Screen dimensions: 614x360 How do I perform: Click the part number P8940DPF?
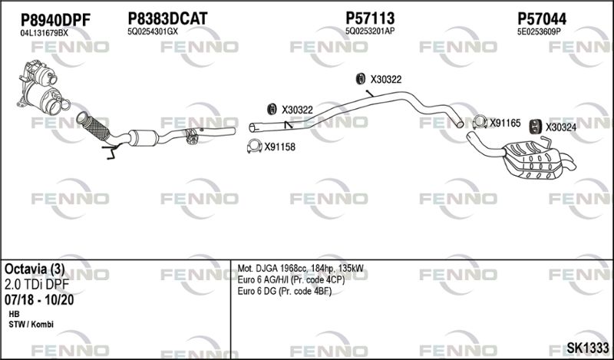[x=55, y=20]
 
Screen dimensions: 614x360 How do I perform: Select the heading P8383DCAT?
[x=167, y=18]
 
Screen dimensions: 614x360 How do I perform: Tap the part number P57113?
[x=370, y=18]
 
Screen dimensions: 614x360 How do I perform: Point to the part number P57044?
[x=542, y=18]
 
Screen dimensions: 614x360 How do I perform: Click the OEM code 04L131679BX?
[x=45, y=33]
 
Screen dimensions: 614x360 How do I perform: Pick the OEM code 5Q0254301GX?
[x=153, y=31]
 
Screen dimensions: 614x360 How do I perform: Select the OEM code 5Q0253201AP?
[x=370, y=31]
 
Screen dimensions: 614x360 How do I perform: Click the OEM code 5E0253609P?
[x=539, y=32]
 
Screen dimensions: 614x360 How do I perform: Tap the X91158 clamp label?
[x=279, y=147]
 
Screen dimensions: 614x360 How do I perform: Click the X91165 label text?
[x=505, y=124]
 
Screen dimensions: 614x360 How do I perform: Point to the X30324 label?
[x=561, y=127]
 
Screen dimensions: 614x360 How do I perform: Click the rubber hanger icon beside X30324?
[x=534, y=126]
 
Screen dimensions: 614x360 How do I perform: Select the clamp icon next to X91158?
[x=254, y=147]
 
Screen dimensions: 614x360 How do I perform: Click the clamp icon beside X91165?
[x=480, y=122]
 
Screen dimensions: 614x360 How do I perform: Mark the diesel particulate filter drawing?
[x=42, y=88]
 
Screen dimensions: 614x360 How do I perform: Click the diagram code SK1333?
[x=588, y=347]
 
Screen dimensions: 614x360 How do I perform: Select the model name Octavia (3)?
[x=35, y=269]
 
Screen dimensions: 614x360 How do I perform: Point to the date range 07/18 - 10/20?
[x=39, y=300]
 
